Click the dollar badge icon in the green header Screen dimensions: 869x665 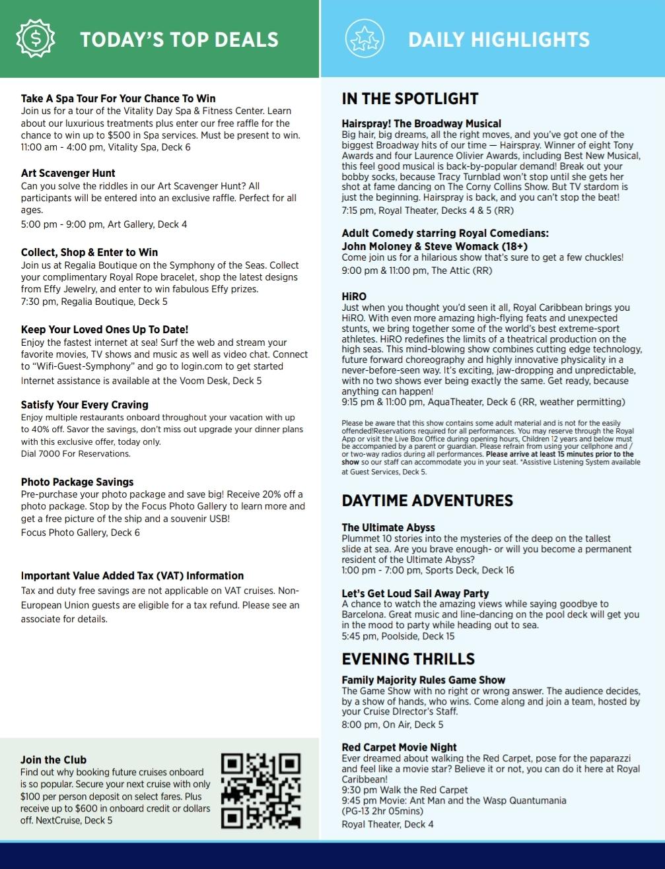coord(36,39)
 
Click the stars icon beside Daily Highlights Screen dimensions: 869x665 coord(365,39)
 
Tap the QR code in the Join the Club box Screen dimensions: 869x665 coord(261,790)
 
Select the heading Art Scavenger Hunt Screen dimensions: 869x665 coord(68,174)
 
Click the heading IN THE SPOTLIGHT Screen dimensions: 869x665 coord(409,99)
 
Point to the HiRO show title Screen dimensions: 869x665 coord(354,297)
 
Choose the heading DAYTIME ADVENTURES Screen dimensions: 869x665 coord(427,501)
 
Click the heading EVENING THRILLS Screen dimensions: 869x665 coord(408,659)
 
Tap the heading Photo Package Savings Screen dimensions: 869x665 coord(77,482)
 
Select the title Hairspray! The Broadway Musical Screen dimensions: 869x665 coord(421,123)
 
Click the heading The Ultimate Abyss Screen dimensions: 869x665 coord(388,528)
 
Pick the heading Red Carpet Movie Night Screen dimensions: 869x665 coord(399,748)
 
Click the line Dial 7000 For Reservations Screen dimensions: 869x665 coord(75,454)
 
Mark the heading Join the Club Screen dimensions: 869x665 coord(53,760)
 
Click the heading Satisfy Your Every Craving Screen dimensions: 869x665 coord(85,405)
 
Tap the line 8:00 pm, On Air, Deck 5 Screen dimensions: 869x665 coord(392,724)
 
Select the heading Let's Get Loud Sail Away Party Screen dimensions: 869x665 coord(415,594)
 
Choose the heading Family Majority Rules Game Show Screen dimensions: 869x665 coord(423,680)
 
